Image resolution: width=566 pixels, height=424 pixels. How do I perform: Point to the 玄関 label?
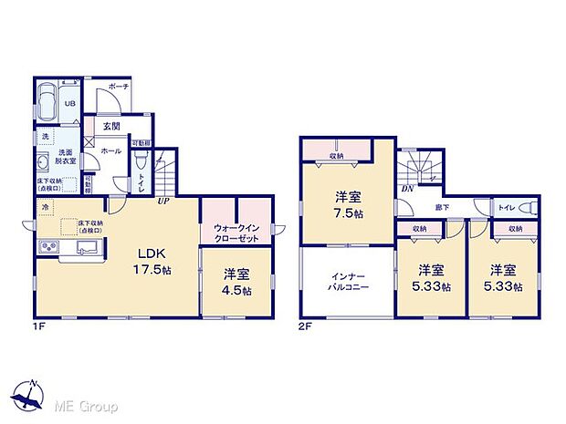[110, 126]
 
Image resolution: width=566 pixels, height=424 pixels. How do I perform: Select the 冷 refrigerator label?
[45, 208]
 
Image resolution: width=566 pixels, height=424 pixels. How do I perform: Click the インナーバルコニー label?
[348, 282]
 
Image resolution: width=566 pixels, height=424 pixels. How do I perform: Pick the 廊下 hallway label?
[442, 208]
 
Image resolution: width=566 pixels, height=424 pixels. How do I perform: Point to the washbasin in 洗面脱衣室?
[44, 164]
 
